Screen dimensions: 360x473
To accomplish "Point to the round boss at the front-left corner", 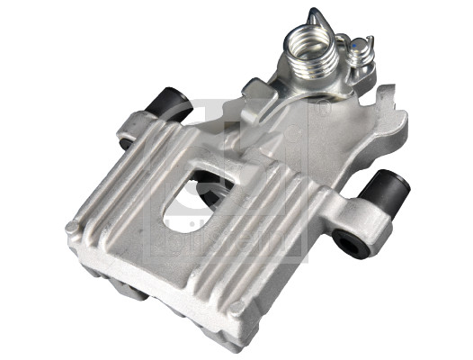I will point(72,230).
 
